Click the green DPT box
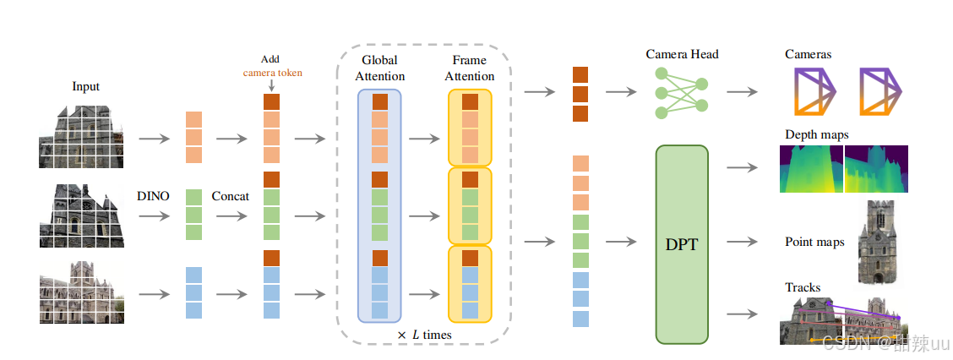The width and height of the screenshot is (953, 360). pyautogui.click(x=683, y=243)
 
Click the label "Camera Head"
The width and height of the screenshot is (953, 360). pyautogui.click(x=681, y=54)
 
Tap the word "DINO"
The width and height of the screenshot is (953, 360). pyautogui.click(x=153, y=196)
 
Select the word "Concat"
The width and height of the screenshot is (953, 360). pyautogui.click(x=231, y=196)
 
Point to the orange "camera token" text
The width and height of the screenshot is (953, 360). pyautogui.click(x=272, y=73)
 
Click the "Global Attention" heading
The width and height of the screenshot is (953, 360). pyautogui.click(x=379, y=68)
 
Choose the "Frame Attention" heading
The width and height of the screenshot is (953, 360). pyautogui.click(x=470, y=68)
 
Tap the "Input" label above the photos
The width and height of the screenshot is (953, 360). pyautogui.click(x=85, y=86)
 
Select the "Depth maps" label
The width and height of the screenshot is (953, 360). pyautogui.click(x=816, y=134)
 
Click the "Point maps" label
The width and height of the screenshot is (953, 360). pyautogui.click(x=814, y=243)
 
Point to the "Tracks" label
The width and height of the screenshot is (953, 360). pyautogui.click(x=803, y=287)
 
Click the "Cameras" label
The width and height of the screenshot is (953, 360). pyautogui.click(x=808, y=54)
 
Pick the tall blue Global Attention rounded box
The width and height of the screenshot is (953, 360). pyautogui.click(x=379, y=205)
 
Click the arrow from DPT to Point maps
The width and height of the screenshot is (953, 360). pyautogui.click(x=742, y=242)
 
